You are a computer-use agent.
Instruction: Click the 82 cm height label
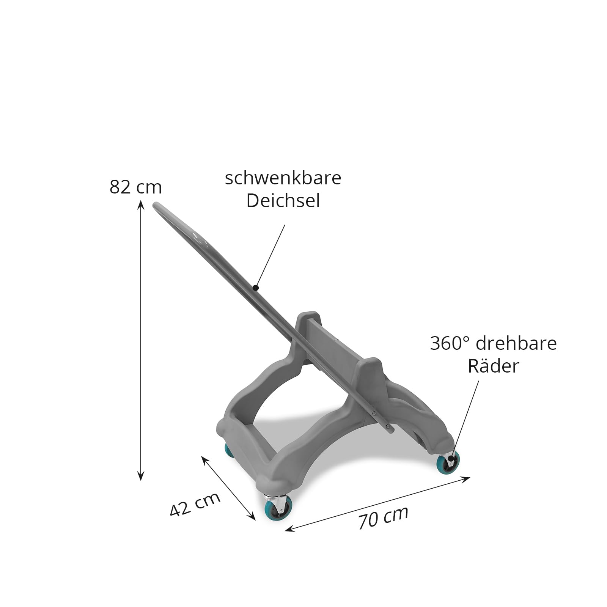click(x=135, y=187)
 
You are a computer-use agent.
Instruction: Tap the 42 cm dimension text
click(x=195, y=504)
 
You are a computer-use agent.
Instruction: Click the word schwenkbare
click(x=283, y=178)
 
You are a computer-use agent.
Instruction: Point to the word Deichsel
click(x=283, y=201)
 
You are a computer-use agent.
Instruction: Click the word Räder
click(x=493, y=366)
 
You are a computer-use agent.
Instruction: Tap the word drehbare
click(x=516, y=343)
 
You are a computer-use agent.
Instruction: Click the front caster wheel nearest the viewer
click(x=278, y=508)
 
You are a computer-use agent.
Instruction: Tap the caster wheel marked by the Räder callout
click(x=448, y=462)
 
